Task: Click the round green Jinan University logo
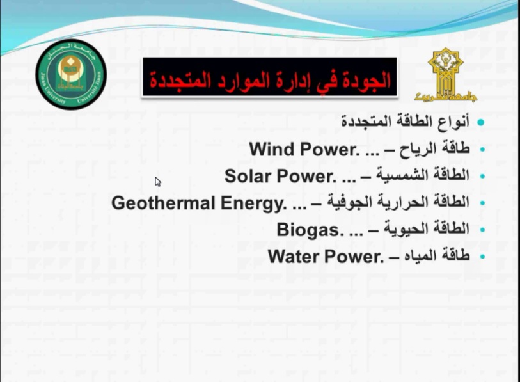pyautogui.click(x=71, y=74)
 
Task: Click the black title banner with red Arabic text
pyautogui.click(x=270, y=77)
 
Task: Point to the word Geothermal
pyautogui.click(x=164, y=203)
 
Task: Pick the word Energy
pyautogui.click(x=254, y=203)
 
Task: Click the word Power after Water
pyautogui.click(x=354, y=257)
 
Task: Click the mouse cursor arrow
pyautogui.click(x=158, y=182)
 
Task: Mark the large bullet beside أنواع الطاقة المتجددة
pyautogui.click(x=481, y=122)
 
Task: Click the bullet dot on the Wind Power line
pyautogui.click(x=482, y=149)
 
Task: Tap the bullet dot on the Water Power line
pyautogui.click(x=482, y=257)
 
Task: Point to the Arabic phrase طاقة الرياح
pyautogui.click(x=434, y=149)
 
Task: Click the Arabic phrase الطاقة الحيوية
pyautogui.click(x=427, y=229)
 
